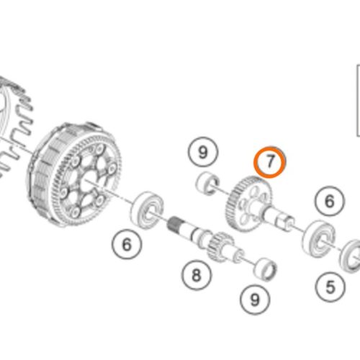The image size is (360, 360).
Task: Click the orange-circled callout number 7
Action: pyautogui.click(x=270, y=162)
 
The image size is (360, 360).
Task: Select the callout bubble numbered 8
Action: pyautogui.click(x=197, y=275)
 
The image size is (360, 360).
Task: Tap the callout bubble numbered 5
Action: pyautogui.click(x=330, y=287)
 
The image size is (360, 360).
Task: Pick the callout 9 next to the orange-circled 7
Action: pyautogui.click(x=203, y=152)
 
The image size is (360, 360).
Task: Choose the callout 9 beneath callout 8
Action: pyautogui.click(x=255, y=300)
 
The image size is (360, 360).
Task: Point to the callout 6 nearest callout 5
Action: pyautogui.click(x=330, y=201)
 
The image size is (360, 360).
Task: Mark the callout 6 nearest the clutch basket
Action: pyautogui.click(x=127, y=244)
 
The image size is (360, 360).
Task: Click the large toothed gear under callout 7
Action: pyautogui.click(x=249, y=204)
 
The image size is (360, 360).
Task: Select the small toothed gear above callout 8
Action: pyautogui.click(x=220, y=247)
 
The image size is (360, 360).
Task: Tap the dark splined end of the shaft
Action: pyautogui.click(x=175, y=224)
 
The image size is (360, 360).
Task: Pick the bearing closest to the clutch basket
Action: pyautogui.click(x=147, y=210)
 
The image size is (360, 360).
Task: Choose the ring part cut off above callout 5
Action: pyautogui.click(x=351, y=256)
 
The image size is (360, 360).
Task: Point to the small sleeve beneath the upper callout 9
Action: pyautogui.click(x=208, y=183)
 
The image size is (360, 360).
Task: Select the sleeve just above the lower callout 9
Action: pyautogui.click(x=266, y=269)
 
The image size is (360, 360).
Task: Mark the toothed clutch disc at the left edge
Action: pyautogui.click(x=14, y=125)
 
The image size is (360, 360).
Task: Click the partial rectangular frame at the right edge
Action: pyautogui.click(x=358, y=101)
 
